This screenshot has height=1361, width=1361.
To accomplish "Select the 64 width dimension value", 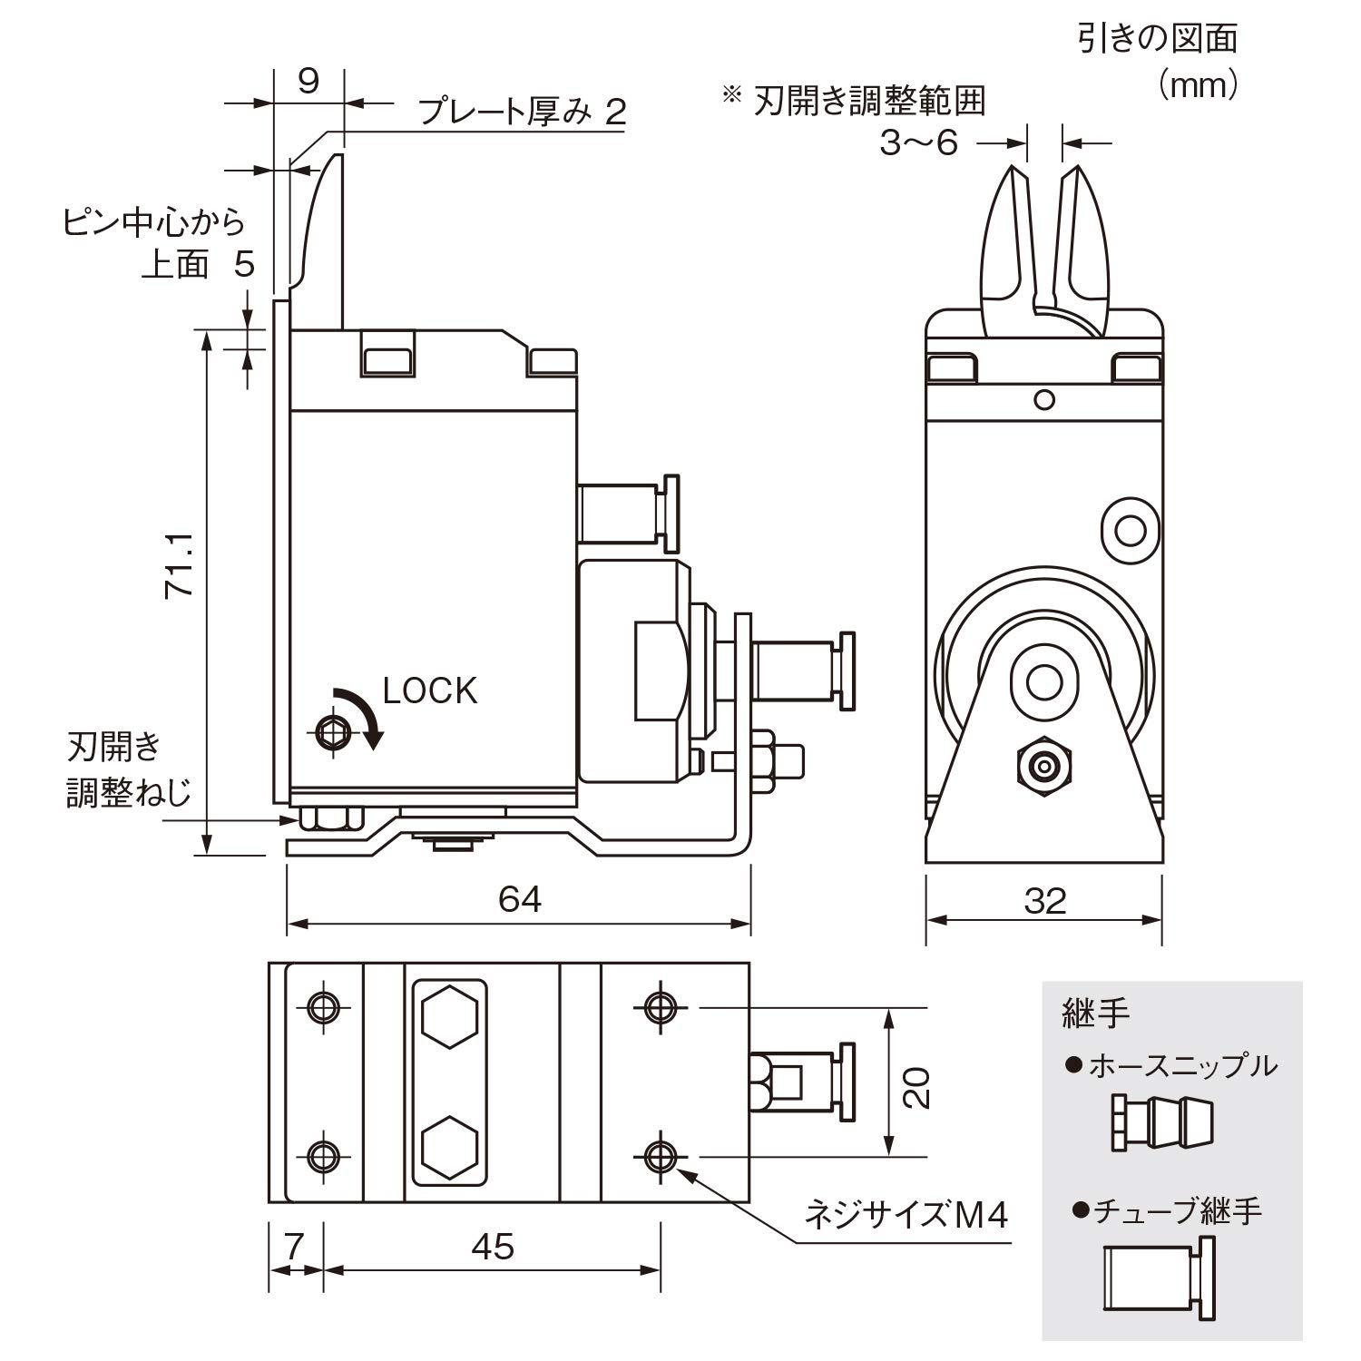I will click(520, 899).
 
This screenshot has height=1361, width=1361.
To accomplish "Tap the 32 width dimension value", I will click(1044, 901).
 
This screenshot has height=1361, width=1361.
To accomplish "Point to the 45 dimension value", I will click(493, 1247).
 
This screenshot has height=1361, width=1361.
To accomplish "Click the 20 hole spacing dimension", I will click(917, 1085).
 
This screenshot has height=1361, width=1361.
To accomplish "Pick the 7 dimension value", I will click(293, 1247).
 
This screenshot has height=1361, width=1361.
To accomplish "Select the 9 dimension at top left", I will click(308, 82).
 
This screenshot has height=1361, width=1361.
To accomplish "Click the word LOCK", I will click(429, 691).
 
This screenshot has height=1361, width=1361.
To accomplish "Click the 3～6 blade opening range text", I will click(918, 142).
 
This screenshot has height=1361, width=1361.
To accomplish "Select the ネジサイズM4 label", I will click(906, 1214).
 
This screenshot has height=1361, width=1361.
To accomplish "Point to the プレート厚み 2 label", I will click(522, 112).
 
